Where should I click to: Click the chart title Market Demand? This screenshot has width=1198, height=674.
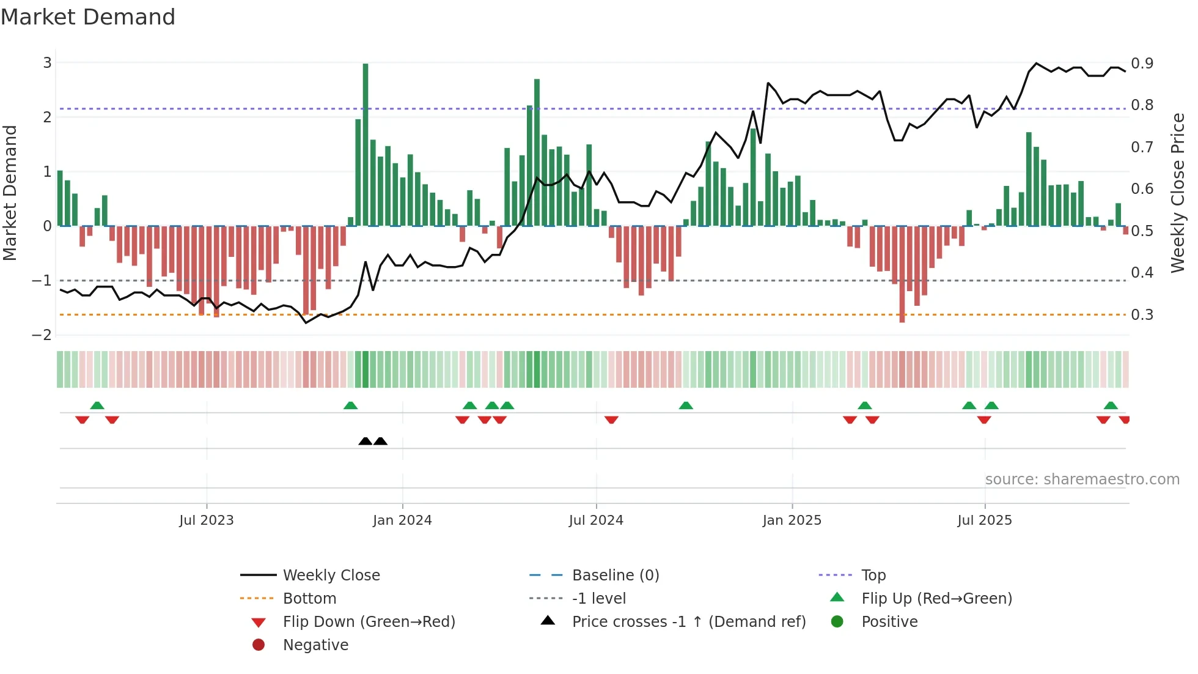click(88, 17)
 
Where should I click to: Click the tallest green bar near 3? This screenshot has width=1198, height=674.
click(366, 144)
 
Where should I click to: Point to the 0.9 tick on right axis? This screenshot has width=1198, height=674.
click(1142, 63)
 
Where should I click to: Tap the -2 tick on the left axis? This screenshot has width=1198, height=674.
click(42, 335)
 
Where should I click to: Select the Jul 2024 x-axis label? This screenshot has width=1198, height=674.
click(596, 520)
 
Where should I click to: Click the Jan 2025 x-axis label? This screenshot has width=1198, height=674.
click(792, 520)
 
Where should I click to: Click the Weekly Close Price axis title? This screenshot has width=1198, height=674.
click(1177, 193)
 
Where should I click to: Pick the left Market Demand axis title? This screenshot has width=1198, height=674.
click(10, 193)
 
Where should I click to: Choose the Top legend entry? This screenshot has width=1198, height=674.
click(873, 575)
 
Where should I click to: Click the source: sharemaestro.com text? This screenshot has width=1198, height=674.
click(1082, 479)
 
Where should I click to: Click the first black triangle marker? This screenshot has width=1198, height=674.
click(365, 441)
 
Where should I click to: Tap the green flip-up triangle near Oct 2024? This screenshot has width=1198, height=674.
click(686, 406)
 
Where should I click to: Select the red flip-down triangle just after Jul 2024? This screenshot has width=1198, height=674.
click(611, 420)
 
